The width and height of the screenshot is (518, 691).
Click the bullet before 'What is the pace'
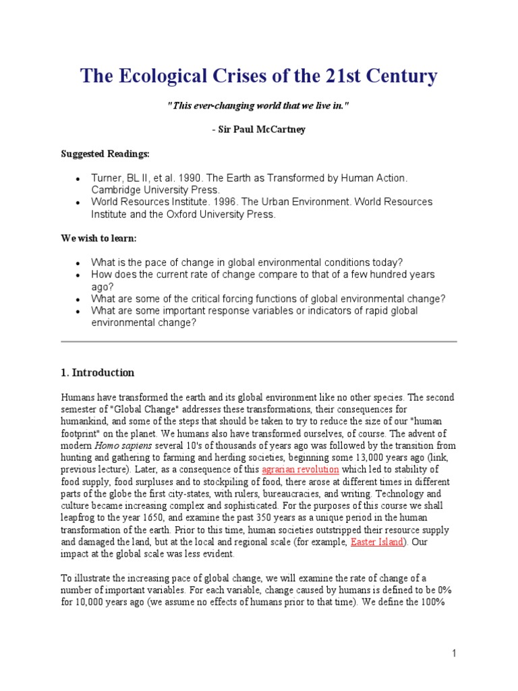78,262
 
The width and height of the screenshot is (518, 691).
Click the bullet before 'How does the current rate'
78,275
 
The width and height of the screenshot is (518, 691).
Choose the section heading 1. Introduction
98,372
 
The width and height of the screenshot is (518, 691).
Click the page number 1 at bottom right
455,653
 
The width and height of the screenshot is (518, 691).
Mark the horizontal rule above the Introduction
259,342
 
